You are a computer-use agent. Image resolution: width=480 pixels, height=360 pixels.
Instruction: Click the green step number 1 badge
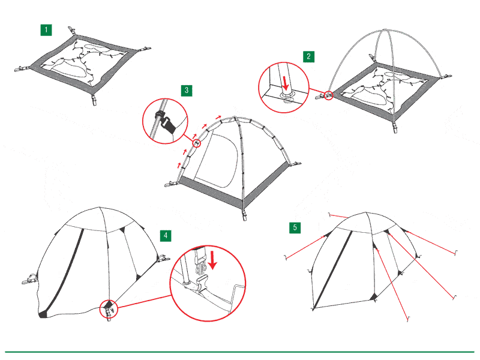coord(46,30)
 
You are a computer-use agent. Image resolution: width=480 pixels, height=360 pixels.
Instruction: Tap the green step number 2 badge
coord(308,56)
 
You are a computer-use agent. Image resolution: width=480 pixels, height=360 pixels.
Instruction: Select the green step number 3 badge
coord(187,91)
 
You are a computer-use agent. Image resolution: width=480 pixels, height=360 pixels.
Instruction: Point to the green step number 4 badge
coord(166,236)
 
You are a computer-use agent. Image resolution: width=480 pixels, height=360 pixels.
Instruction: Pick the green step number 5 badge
coord(295,227)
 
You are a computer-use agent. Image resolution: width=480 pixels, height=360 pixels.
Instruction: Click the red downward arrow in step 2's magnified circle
coord(286,83)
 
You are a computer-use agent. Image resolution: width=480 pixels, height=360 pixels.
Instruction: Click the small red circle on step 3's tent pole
coord(197,143)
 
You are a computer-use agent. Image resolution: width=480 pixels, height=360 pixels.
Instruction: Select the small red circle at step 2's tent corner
coord(328,95)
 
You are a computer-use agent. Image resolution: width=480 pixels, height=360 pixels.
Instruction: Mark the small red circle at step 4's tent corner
coord(109,309)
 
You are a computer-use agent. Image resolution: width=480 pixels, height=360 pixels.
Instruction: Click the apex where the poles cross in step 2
coord(385,30)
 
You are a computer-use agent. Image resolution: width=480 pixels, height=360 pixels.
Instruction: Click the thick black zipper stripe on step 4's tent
coord(63,274)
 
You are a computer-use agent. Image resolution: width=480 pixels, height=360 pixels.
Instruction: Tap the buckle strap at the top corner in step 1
coord(71,31)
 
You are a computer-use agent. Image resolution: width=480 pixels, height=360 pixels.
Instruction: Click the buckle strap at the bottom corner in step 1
coord(94,100)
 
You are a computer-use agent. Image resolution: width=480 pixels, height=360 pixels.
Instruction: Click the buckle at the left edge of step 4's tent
coord(29,279)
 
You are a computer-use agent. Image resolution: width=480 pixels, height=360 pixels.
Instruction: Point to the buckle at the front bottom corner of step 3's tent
coord(244,214)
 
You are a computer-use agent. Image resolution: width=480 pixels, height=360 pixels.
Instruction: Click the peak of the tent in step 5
coord(366,212)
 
